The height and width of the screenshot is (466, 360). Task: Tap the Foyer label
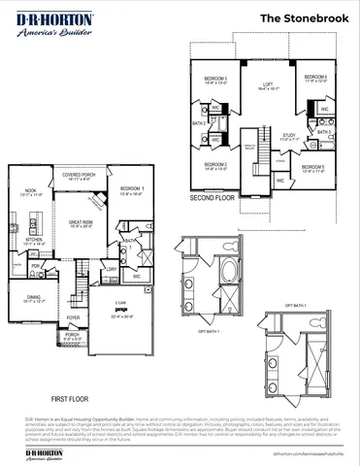point(73,317)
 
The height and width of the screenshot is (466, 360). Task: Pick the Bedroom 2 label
point(215,166)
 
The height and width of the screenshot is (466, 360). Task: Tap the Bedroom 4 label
point(314,79)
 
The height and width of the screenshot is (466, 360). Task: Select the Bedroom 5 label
point(314,169)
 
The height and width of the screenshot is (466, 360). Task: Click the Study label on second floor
point(289,137)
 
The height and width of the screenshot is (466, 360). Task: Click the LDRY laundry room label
point(111,269)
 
